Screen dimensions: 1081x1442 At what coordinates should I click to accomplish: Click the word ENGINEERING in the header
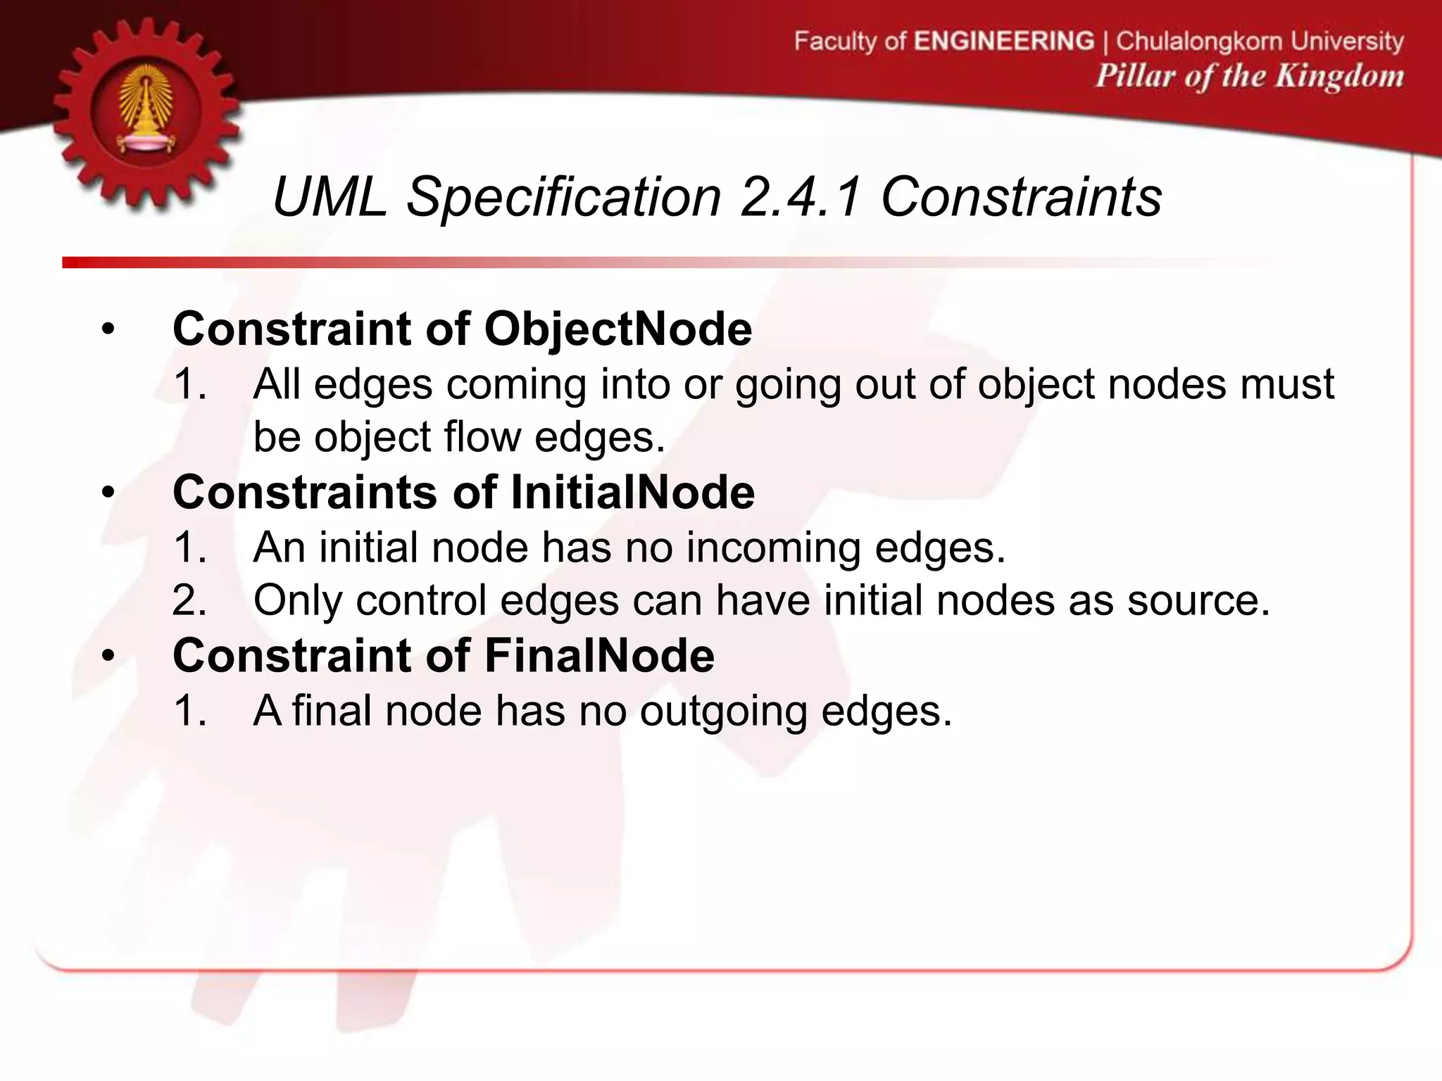1004,41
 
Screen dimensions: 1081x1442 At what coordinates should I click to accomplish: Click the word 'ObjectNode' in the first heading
617,329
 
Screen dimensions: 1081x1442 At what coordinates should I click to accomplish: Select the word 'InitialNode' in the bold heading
632,492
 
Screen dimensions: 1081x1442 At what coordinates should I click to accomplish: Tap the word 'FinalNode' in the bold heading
599,655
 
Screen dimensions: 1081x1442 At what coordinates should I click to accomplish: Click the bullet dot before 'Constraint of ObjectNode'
108,330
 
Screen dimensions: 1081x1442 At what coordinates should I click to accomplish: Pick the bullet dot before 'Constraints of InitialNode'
108,493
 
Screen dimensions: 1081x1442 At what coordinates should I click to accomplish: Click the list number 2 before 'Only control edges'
188,601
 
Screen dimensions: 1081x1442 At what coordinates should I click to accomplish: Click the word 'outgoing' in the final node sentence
723,711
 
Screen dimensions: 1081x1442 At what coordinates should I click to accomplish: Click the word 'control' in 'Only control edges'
421,601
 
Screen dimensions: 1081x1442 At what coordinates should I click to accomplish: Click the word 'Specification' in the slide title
563,198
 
